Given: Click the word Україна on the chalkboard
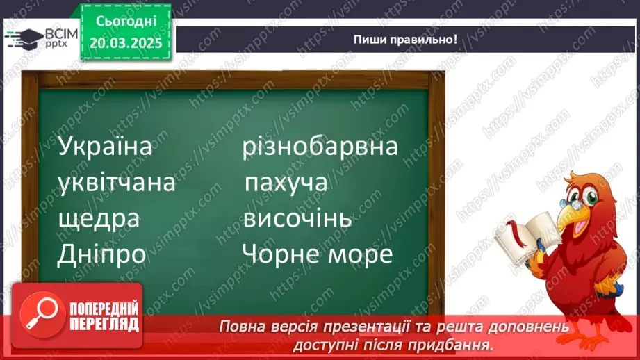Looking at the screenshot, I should pyautogui.click(x=105, y=148).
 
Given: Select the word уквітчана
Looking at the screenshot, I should pyautogui.click(x=116, y=184).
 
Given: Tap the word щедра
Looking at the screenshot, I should pyautogui.click(x=99, y=220).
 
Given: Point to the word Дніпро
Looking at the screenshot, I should pyautogui.click(x=102, y=254).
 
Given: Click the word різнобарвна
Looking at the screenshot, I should pyautogui.click(x=320, y=147).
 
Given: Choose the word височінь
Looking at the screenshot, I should pyautogui.click(x=297, y=220).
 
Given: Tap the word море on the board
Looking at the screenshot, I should pyautogui.click(x=361, y=255).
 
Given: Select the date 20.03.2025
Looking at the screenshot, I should pyautogui.click(x=125, y=43).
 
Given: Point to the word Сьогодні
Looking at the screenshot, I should pyautogui.click(x=125, y=24).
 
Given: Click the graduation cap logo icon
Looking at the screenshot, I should pyautogui.click(x=22, y=37).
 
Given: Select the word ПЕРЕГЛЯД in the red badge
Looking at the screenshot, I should pyautogui.click(x=104, y=324).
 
